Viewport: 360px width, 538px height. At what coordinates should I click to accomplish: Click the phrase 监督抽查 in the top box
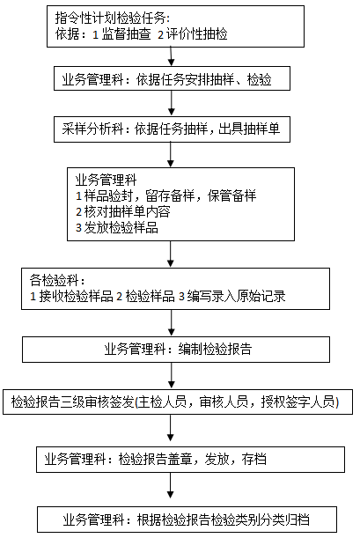coord(127,34)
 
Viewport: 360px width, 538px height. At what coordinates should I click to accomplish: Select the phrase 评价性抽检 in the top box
coord(197,34)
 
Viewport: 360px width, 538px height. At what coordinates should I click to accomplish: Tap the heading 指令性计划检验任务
coord(110,18)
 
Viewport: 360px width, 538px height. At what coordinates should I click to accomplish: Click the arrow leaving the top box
coord(171,56)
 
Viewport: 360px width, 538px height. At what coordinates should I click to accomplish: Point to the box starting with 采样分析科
coord(172,129)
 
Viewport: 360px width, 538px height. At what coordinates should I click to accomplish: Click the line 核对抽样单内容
coord(123,211)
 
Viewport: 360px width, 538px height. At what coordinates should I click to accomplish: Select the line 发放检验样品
coord(117,228)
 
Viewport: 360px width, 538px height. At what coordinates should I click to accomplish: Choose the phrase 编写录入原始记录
coord(236,297)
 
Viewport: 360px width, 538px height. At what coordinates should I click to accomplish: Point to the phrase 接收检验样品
coord(76,297)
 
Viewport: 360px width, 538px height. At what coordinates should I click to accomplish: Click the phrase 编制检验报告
coord(216,350)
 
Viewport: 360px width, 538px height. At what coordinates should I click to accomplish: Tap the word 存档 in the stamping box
coord(254,460)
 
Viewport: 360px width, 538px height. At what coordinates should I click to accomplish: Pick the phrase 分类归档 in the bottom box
coord(285,520)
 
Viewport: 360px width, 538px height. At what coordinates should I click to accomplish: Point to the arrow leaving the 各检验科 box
coord(171,323)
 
